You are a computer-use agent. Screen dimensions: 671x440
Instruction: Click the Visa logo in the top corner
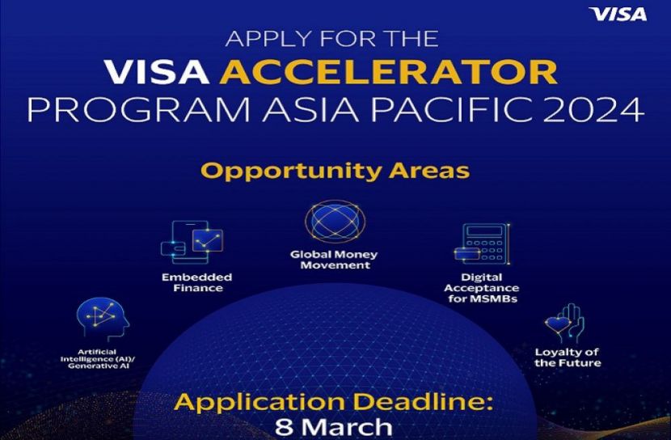point(618,15)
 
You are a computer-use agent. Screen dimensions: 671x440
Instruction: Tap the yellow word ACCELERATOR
point(389,72)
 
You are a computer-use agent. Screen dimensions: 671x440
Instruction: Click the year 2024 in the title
point(594,110)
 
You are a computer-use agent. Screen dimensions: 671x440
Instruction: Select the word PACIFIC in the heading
point(453,110)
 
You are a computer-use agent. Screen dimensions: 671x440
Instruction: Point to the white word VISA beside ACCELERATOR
point(157,72)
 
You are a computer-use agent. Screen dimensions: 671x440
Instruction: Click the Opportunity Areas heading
point(335,171)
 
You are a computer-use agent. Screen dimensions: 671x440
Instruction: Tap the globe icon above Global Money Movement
point(335,222)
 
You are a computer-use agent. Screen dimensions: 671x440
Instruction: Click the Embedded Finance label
point(196,282)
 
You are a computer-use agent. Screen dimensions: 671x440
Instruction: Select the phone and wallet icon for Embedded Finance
point(192,243)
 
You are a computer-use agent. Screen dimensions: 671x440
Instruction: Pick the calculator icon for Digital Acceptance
point(483,243)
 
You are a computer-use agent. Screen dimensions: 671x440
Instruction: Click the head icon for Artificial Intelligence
point(103,319)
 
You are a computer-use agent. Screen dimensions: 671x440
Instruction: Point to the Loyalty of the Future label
point(568,357)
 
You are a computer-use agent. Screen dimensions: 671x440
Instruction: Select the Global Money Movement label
point(334,260)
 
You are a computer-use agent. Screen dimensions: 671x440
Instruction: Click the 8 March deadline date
point(333,427)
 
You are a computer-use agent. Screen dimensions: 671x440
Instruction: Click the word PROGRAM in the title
point(139,110)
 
